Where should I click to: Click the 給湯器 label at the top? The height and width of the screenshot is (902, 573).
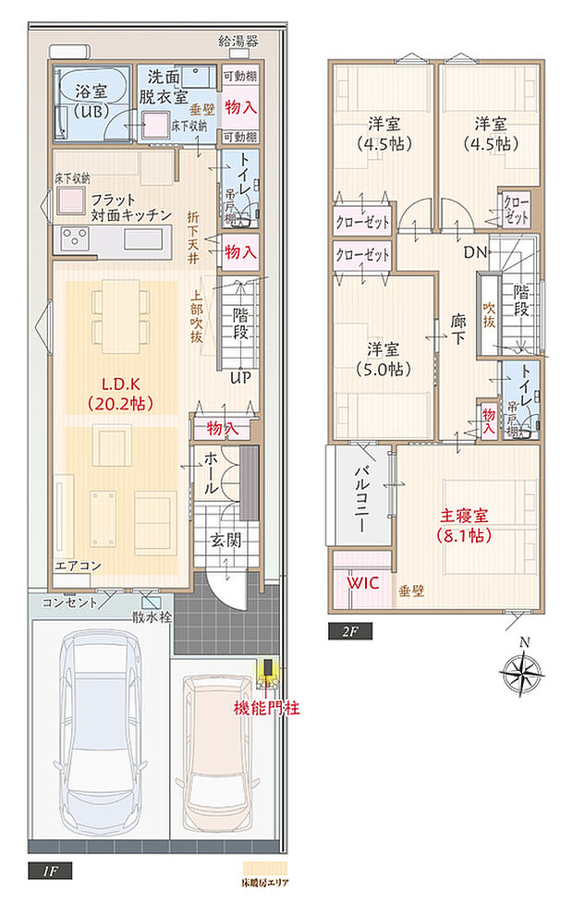(238, 41)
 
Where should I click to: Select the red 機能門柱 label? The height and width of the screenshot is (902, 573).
(266, 708)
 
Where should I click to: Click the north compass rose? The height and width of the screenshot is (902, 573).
(524, 669)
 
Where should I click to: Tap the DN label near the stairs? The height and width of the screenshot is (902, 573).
(475, 251)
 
